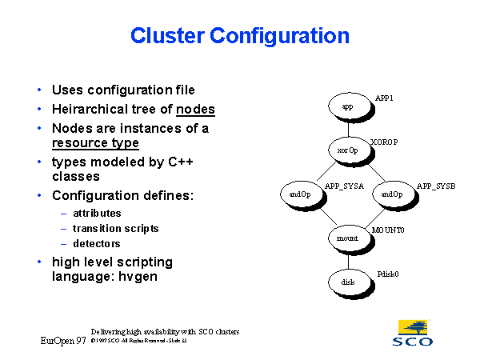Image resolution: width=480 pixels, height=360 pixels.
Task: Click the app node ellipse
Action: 348,106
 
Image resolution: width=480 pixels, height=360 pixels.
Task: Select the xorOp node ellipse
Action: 348,150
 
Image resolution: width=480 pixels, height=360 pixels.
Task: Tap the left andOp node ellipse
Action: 300,194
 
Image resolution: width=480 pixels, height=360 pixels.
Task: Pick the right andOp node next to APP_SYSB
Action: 392,194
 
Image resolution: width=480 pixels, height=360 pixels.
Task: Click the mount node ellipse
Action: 348,238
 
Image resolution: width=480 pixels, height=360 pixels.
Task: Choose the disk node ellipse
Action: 348,282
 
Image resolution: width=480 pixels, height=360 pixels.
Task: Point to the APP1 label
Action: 385,98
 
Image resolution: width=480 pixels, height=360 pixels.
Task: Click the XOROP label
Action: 385,142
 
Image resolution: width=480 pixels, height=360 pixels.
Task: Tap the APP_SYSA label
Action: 345,186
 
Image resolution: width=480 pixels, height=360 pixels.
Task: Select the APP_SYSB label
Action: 436,186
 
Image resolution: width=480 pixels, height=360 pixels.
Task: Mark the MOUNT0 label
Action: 389,230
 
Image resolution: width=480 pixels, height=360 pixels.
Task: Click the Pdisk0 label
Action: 388,274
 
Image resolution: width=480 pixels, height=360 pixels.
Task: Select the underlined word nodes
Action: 196,110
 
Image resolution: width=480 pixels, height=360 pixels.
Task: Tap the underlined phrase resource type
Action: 95,143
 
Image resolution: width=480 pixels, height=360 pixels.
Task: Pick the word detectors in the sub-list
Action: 97,242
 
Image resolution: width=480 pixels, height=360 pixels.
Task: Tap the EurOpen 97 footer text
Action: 63,340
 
